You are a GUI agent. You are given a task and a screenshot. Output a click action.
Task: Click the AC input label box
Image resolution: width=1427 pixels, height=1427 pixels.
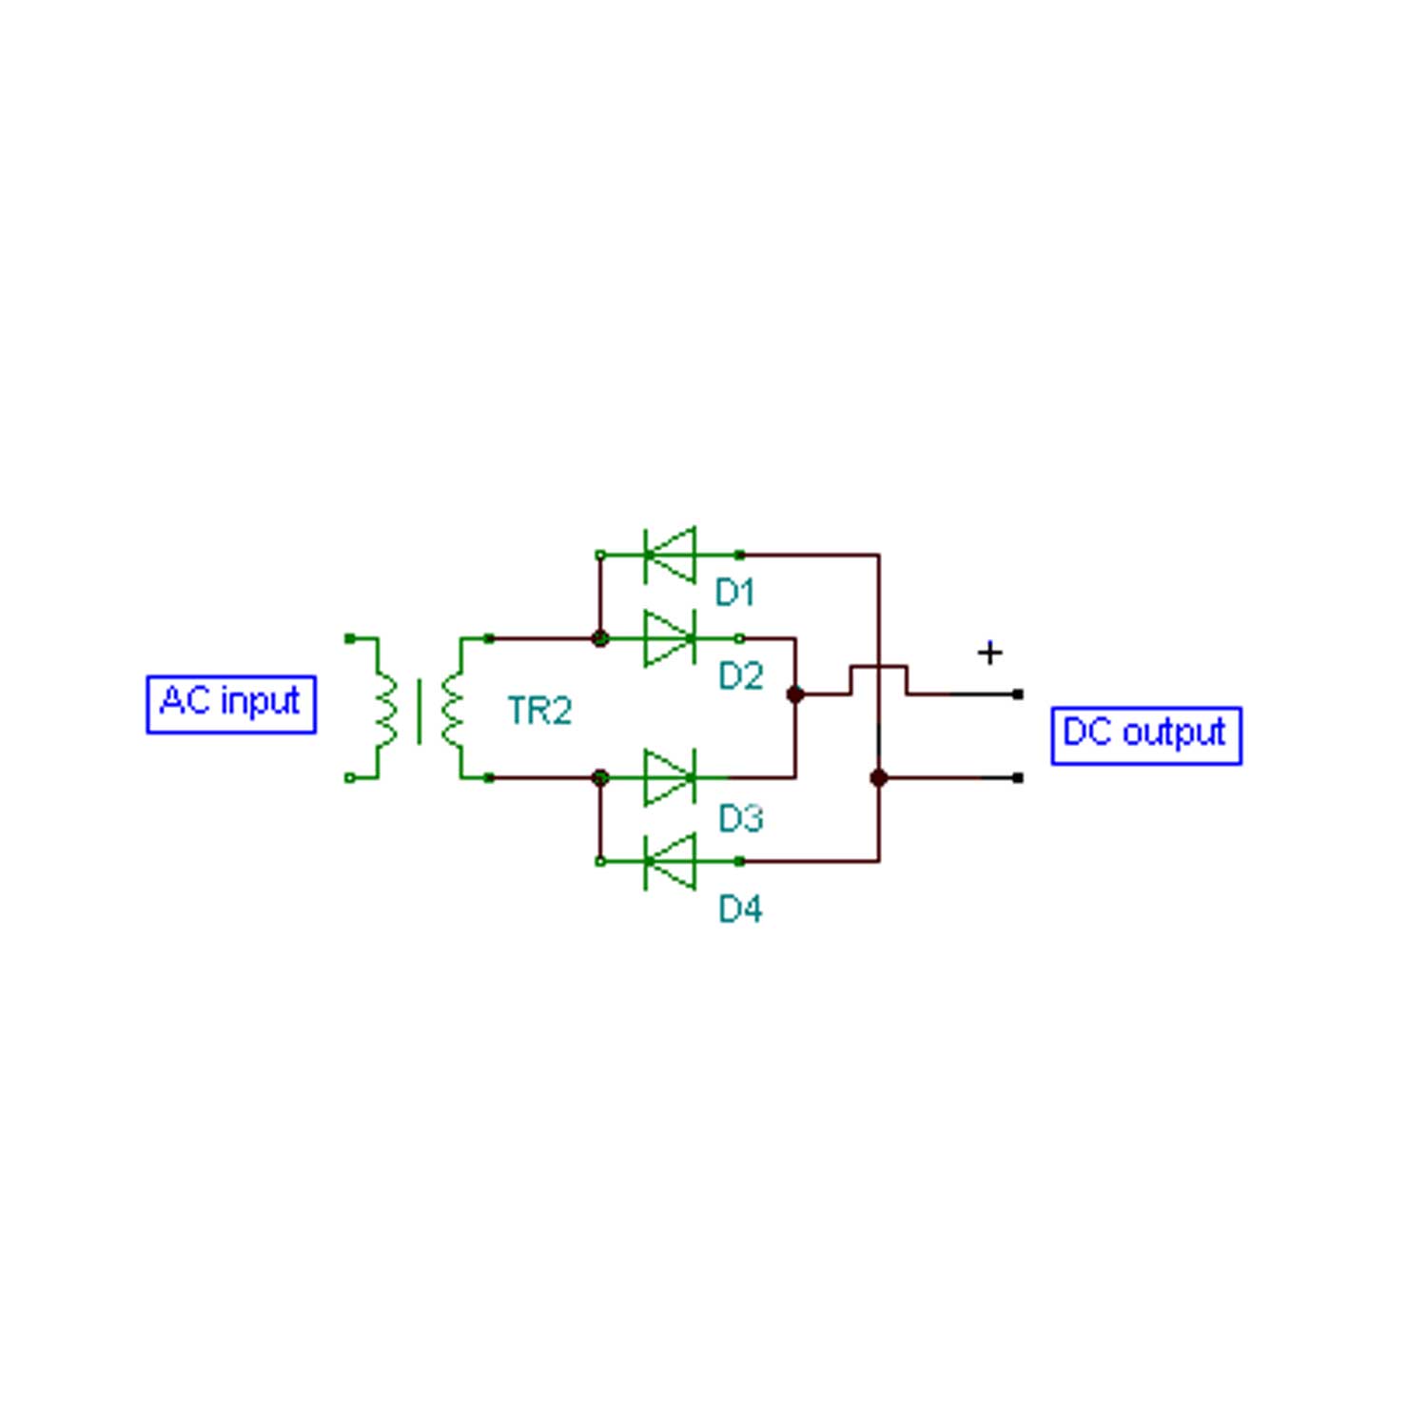coord(231,704)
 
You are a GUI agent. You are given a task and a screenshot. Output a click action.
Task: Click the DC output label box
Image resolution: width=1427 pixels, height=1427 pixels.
coord(1146,735)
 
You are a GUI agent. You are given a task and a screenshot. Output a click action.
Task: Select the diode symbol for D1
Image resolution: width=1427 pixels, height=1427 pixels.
coord(670,555)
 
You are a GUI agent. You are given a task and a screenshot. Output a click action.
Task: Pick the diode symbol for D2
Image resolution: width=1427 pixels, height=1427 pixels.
coord(670,638)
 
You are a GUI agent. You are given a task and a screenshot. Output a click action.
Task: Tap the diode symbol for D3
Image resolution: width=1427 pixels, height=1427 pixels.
coord(670,777)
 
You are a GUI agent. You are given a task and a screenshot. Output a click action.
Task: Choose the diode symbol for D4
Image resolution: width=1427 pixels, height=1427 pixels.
coord(670,861)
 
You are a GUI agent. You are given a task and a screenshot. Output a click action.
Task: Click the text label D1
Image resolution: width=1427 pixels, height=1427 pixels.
coord(734,593)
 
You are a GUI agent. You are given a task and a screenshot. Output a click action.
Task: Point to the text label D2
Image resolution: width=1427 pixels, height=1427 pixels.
coord(740,676)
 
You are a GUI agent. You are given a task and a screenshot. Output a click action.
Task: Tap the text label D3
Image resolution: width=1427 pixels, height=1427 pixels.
coord(740,818)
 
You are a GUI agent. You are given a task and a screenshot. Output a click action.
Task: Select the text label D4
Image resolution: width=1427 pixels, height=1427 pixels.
coord(740,909)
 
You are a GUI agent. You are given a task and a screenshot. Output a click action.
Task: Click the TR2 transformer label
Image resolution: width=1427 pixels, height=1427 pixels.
coord(539,711)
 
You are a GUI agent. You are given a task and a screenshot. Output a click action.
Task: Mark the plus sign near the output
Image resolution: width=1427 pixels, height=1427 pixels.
coord(989,653)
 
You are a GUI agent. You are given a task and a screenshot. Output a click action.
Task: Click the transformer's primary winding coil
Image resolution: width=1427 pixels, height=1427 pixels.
coord(385,709)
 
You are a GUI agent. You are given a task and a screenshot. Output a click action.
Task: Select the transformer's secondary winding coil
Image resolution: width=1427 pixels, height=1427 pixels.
coord(453,709)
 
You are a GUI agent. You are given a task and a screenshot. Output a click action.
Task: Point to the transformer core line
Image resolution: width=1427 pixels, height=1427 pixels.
coord(419,711)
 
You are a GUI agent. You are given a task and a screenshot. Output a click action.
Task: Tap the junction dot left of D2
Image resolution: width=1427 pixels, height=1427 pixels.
coord(600,638)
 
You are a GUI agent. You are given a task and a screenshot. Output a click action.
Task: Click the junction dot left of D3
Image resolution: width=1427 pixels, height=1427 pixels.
coord(600,777)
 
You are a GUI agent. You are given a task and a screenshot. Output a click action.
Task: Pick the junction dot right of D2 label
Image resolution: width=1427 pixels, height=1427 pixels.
coord(795,694)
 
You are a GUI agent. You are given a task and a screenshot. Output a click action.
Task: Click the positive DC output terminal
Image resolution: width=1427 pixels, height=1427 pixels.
coord(1018,694)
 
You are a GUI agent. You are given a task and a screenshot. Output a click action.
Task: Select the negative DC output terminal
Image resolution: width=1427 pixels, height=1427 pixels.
coord(1018,777)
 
